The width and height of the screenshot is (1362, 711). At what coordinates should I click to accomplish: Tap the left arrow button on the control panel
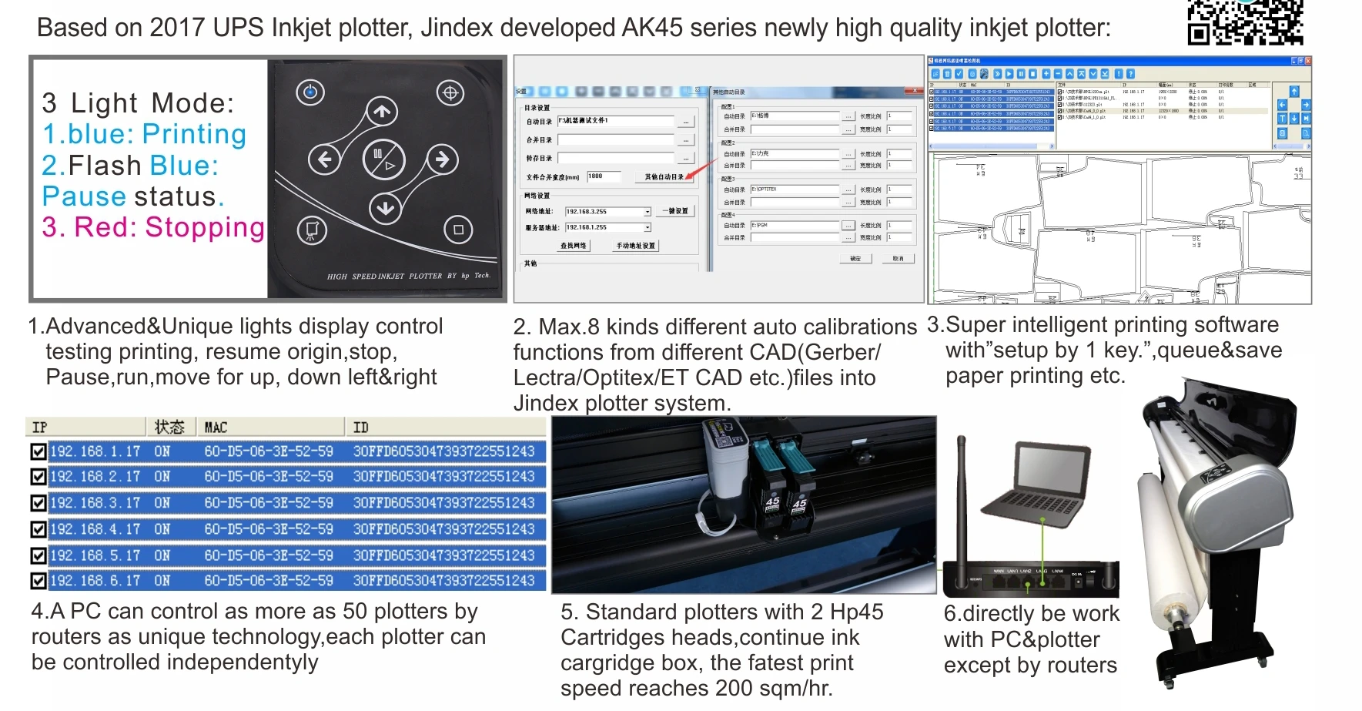[324, 159]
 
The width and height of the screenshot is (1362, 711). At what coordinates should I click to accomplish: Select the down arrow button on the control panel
[385, 207]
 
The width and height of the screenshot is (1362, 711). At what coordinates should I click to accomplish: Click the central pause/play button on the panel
[383, 159]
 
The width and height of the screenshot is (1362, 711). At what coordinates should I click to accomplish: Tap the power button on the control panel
[310, 92]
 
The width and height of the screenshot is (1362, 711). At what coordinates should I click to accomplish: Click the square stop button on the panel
[458, 230]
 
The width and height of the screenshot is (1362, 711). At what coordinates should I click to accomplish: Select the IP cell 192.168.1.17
[95, 451]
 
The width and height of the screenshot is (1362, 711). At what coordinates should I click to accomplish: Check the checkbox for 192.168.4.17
[38, 529]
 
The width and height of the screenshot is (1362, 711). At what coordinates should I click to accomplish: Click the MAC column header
[216, 427]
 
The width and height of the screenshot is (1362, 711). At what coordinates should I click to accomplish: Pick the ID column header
[360, 427]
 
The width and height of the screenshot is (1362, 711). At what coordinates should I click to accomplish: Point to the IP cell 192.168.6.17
[95, 580]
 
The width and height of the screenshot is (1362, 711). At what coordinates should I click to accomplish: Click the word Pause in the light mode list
[84, 196]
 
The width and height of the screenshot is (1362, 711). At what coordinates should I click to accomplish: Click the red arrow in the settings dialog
[696, 170]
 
